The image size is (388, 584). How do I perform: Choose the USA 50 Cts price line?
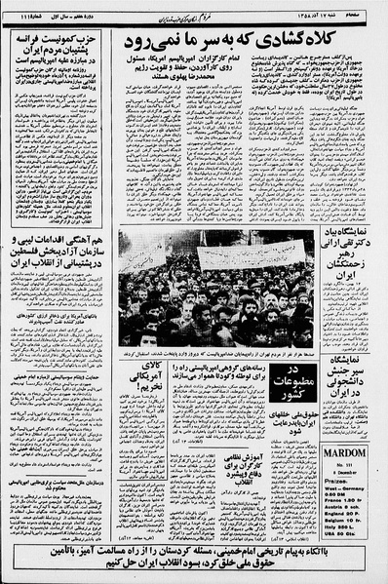342,538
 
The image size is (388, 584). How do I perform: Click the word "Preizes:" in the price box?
336,487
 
